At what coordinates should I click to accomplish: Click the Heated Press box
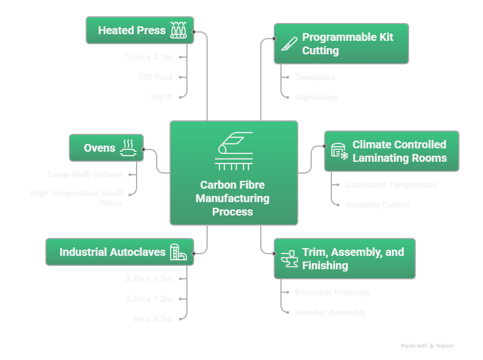coord(140,30)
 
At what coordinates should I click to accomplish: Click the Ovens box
coord(106,148)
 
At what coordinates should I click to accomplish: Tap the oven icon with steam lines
coord(128,148)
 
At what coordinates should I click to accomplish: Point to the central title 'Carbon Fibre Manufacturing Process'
coord(233,198)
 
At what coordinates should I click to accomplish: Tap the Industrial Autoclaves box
coord(119,252)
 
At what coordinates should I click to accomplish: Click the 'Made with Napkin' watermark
coord(428,346)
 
